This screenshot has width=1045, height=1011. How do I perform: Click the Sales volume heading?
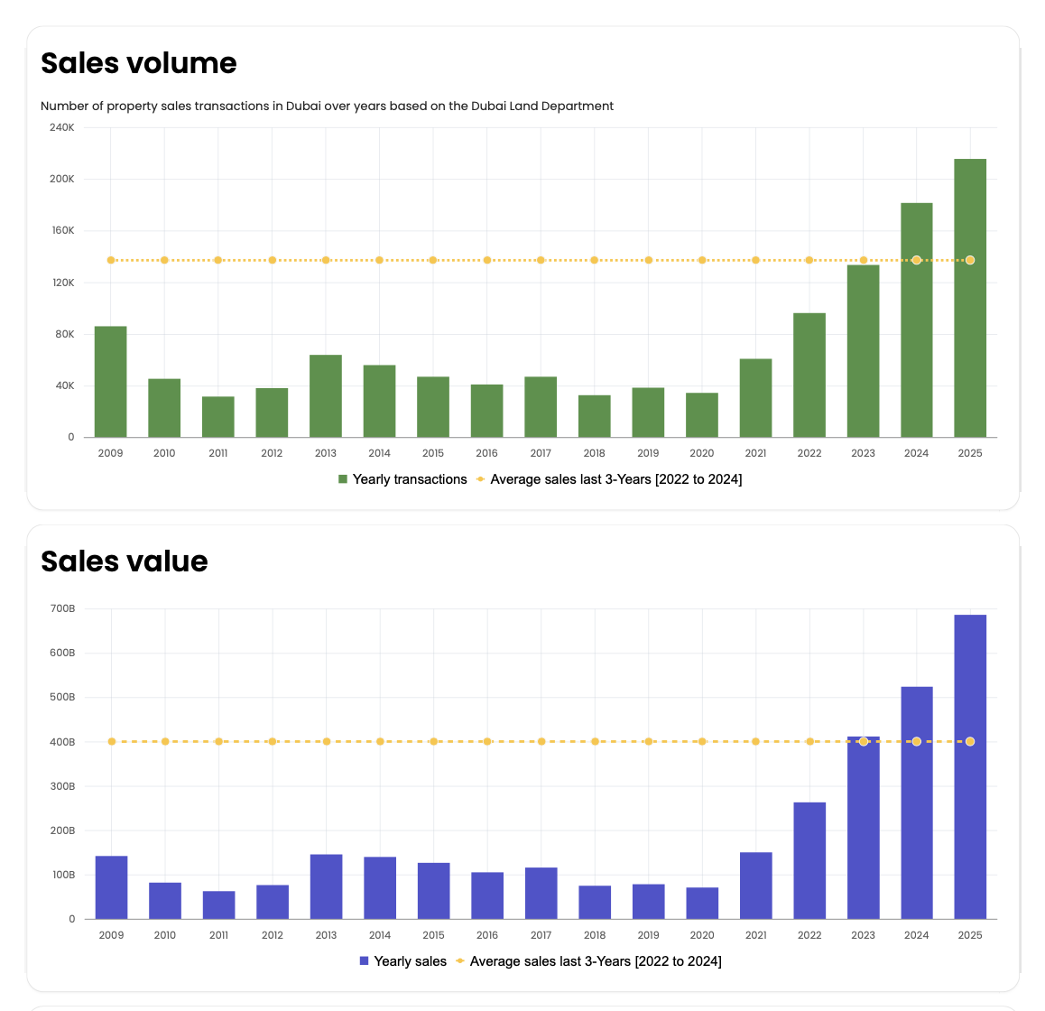point(139,63)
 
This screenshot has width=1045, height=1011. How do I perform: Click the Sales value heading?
point(125,561)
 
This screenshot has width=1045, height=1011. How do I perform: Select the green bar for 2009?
point(111,382)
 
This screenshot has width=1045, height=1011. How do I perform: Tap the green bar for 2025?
point(970,298)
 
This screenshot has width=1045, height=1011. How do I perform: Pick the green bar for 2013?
point(326,396)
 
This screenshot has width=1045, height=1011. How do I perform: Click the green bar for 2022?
point(809,376)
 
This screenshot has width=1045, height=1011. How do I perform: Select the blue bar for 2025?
point(970,767)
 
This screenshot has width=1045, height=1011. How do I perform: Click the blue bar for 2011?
point(218,905)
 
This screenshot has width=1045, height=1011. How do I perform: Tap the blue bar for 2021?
point(755,886)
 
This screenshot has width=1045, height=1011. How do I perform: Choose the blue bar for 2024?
point(917,803)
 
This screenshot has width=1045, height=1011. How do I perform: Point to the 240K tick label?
point(62,127)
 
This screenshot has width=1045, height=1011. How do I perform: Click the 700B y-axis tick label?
point(62,608)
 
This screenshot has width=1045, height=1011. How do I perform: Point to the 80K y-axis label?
point(64,334)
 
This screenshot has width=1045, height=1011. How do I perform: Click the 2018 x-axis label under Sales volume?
point(594,453)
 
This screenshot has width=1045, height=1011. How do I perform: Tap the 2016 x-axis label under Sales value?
point(487,935)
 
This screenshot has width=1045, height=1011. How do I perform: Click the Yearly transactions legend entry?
point(402,479)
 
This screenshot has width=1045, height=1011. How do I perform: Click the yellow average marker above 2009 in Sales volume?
point(111,260)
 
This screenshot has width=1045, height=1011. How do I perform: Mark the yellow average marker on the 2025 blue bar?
point(970,742)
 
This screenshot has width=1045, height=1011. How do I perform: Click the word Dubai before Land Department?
point(488,107)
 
